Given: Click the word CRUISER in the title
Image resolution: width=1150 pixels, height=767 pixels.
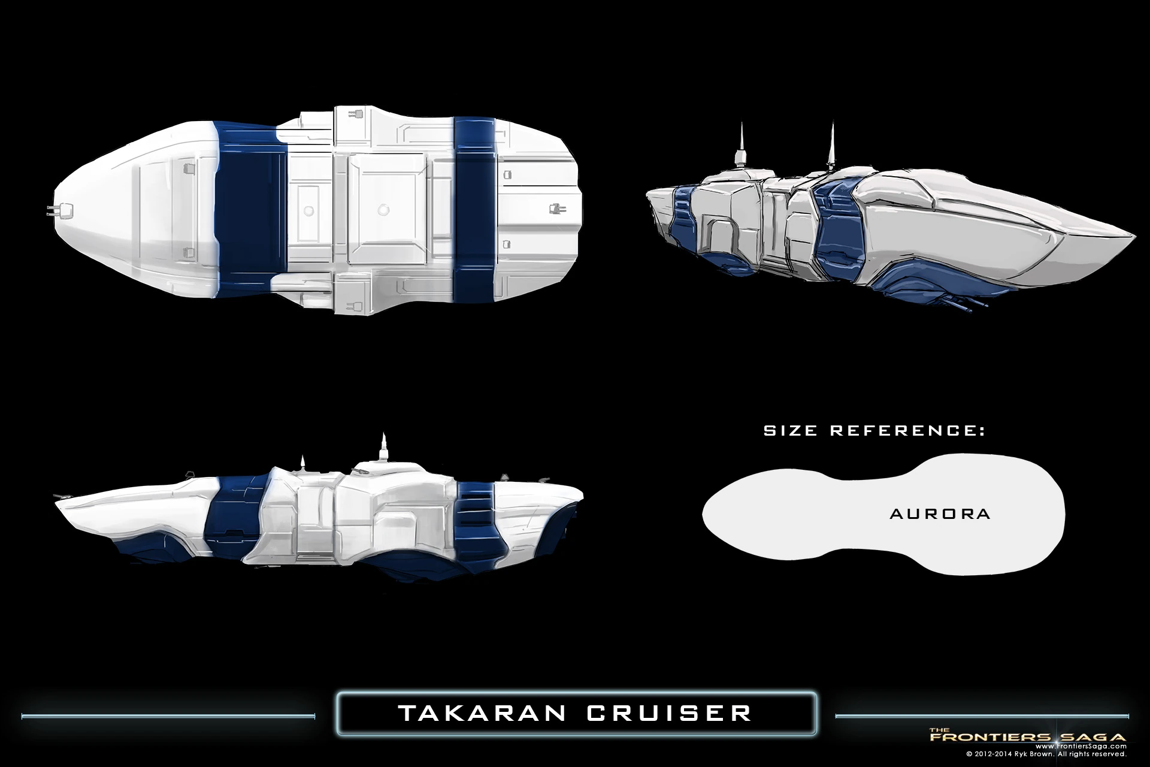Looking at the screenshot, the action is coord(669,713).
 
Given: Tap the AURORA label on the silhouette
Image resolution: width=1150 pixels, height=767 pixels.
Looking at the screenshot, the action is coord(940,514).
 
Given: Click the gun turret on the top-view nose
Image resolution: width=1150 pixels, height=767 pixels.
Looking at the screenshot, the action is coord(60,210).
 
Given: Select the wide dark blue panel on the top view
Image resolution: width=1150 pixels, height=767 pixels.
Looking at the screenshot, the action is coord(250,210).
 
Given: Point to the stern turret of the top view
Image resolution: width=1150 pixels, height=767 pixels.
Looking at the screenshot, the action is coord(555,209).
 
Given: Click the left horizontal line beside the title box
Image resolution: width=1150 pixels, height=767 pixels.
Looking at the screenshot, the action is coord(168,715).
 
